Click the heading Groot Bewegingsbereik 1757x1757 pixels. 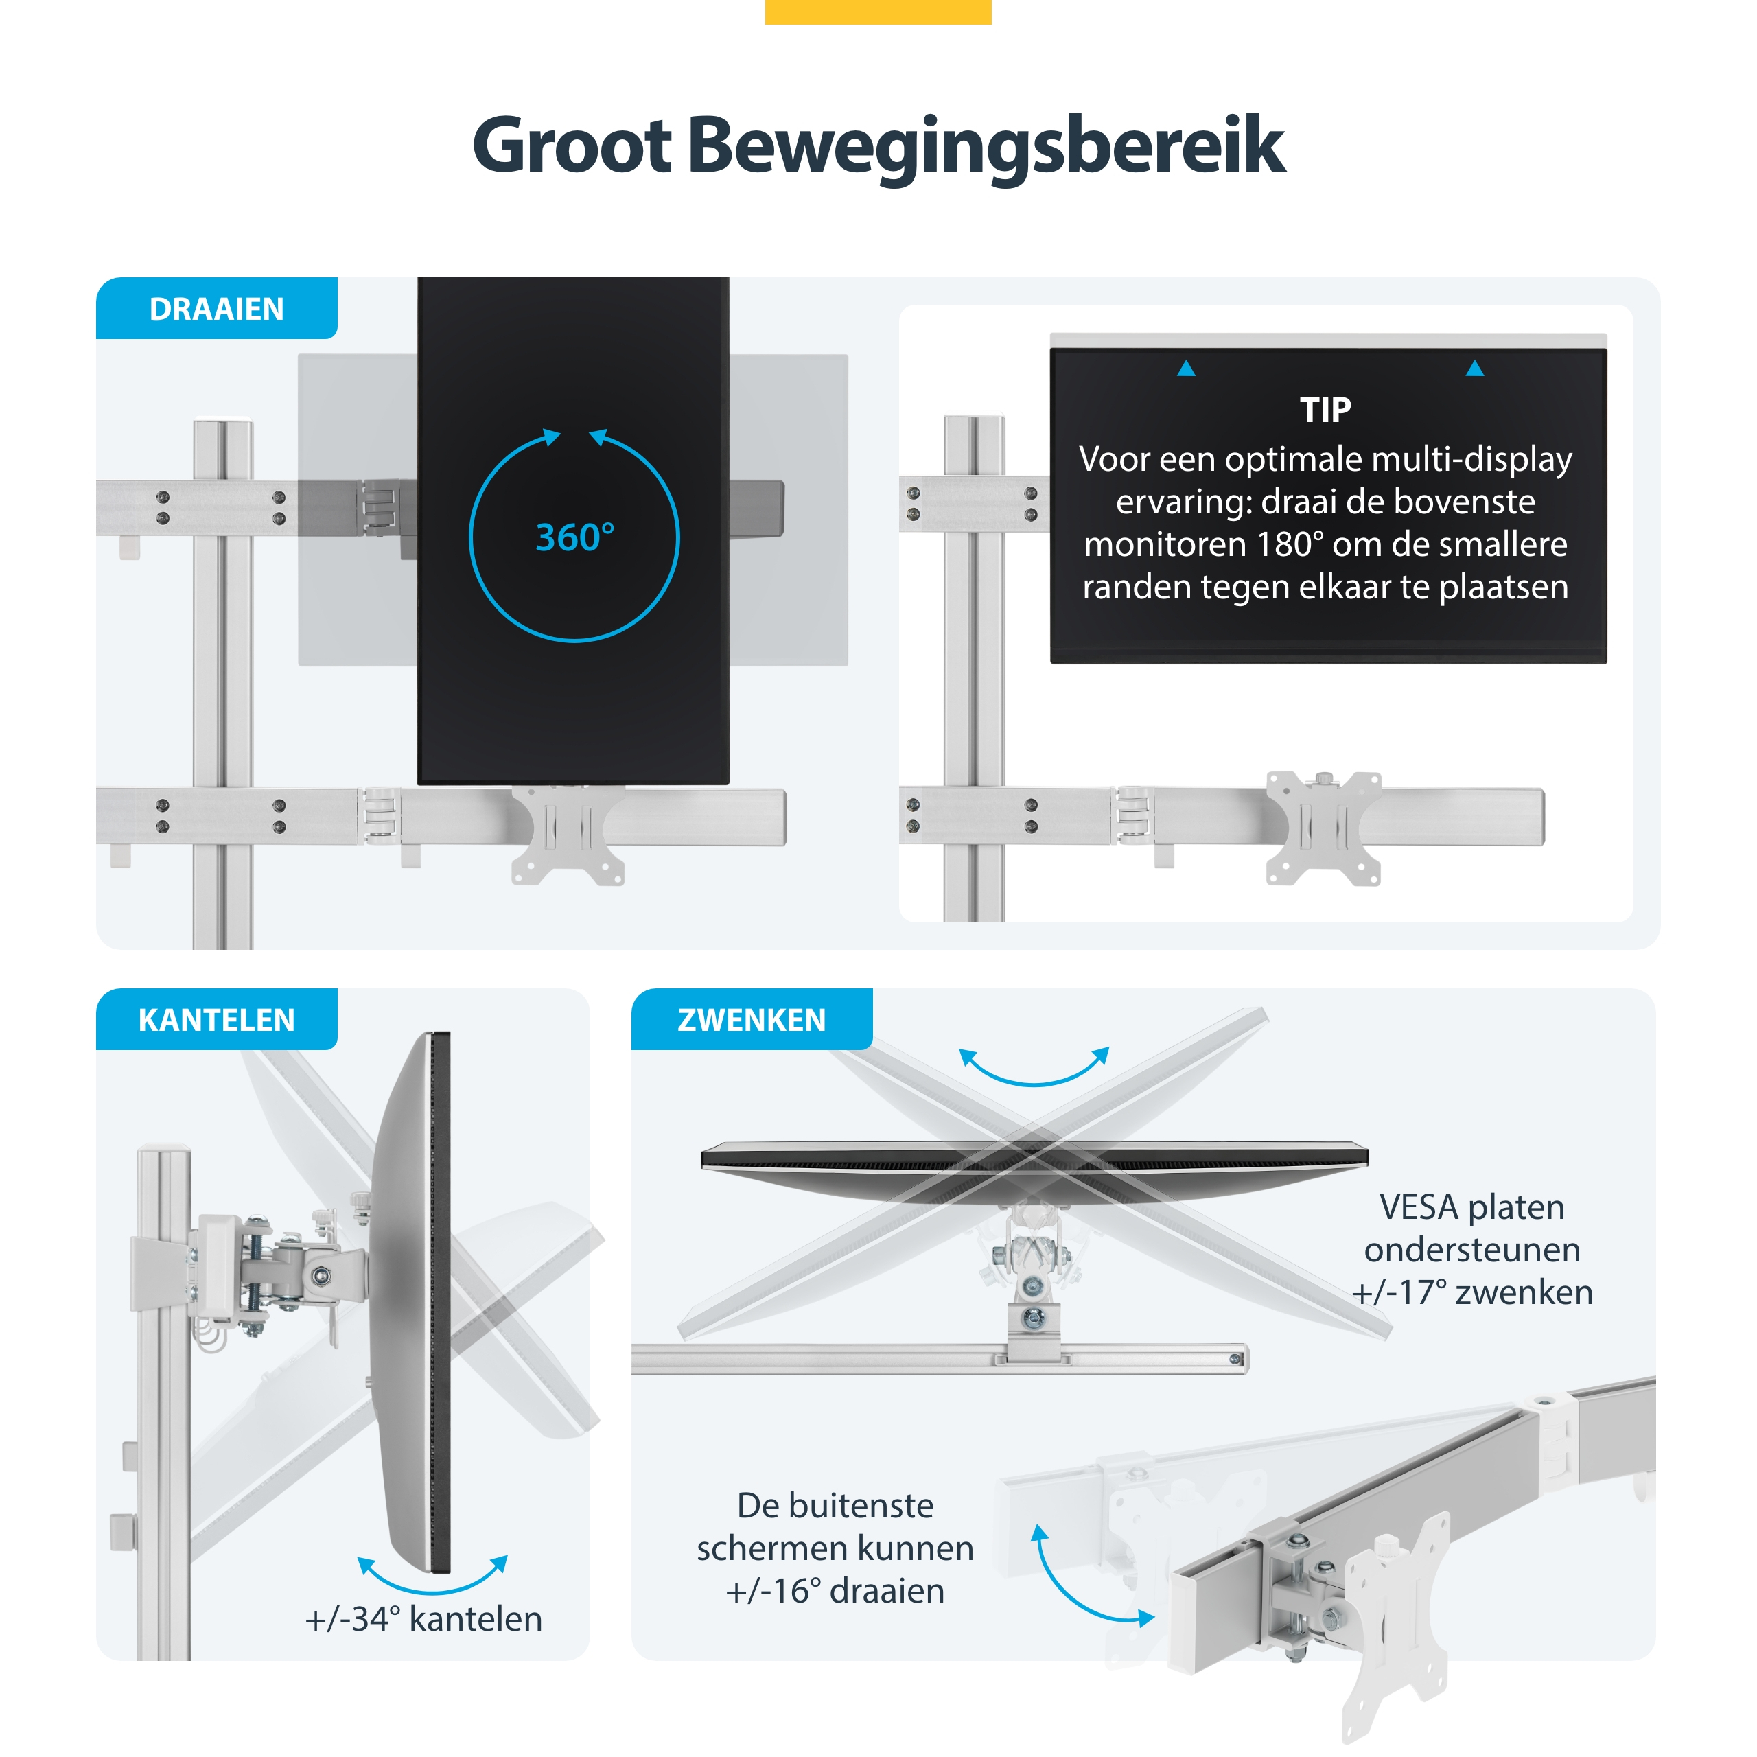pos(878,146)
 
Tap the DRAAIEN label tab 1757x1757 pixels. pos(216,308)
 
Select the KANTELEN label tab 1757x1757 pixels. pos(216,1019)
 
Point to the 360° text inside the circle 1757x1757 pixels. pos(574,537)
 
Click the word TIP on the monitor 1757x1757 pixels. pos(1325,410)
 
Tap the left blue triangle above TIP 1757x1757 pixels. pos(1186,369)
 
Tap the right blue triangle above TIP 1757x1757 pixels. pos(1475,369)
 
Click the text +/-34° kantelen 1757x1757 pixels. pos(423,1619)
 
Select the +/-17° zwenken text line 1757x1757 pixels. pos(1472,1292)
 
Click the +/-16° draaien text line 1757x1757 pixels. pos(835,1591)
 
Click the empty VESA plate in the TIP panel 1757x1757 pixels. pos(1324,828)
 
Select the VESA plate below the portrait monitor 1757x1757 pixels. pos(568,835)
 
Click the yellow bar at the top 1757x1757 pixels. pos(878,12)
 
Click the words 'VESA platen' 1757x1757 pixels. pos(1472,1207)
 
